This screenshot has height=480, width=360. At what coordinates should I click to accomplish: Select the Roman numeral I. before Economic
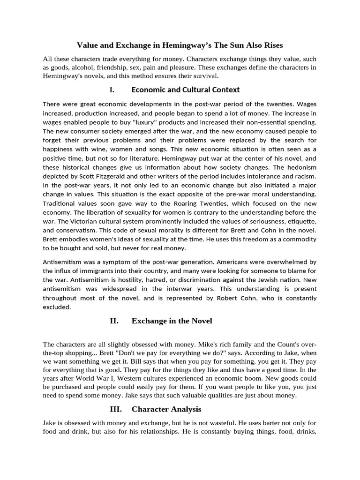(x=112, y=90)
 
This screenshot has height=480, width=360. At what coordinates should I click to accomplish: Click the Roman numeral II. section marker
(x=114, y=321)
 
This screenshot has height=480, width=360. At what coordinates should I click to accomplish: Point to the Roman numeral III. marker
(x=116, y=409)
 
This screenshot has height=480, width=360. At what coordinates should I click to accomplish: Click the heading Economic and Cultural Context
(x=186, y=90)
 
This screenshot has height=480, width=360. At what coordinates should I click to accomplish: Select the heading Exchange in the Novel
(x=172, y=321)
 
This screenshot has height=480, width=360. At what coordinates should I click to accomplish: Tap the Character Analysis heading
(x=166, y=409)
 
